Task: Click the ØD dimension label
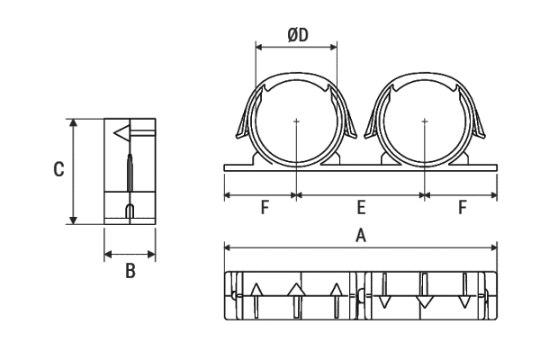298,35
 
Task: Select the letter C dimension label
58,169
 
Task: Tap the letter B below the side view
130,271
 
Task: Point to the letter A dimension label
361,236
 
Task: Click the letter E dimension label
361,207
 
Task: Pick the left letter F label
265,207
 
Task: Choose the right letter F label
463,207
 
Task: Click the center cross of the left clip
296,121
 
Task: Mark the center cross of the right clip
425,121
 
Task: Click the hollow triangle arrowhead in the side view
121,133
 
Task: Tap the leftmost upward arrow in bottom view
256,301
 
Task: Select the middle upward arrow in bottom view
296,301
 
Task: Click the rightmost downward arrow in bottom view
465,291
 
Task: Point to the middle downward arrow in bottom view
425,291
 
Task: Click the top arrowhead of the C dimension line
73,123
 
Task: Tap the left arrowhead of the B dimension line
109,255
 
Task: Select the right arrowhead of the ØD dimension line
333,47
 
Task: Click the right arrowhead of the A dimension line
493,247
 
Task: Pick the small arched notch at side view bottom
130,211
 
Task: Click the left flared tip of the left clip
238,135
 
